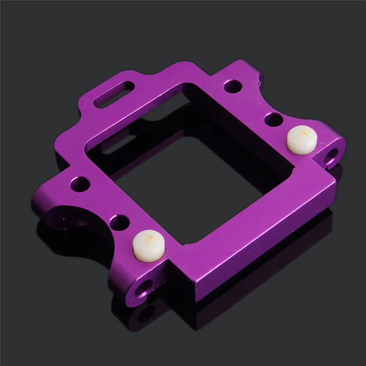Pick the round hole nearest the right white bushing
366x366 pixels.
point(273,119)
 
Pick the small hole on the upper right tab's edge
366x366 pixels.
point(260,81)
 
